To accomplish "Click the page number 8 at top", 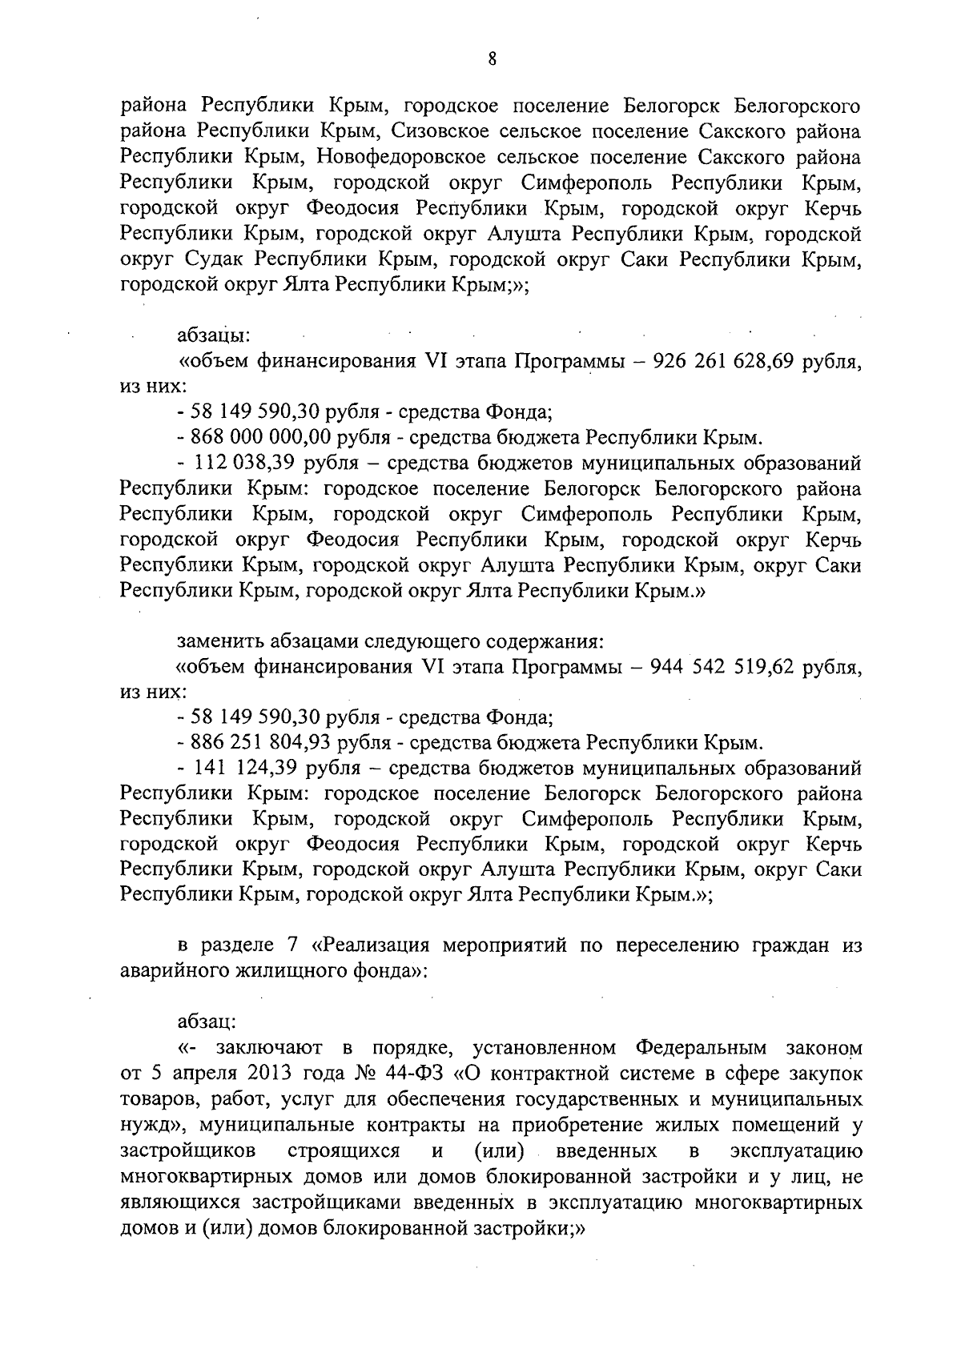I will pos(492,57).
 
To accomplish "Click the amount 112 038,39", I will pos(245,463).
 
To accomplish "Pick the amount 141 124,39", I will pos(245,769).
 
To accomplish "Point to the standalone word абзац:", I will pos(207,1022).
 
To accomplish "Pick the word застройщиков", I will pos(188,1151).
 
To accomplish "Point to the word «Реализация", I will pos(371,945).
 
